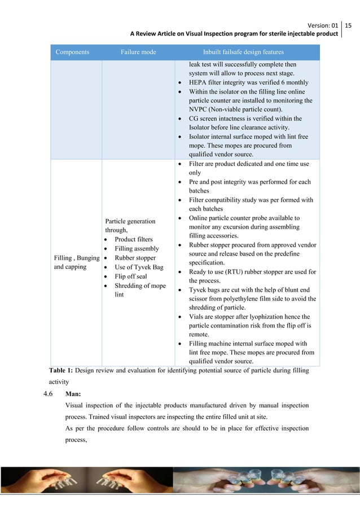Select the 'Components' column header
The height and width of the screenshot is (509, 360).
click(72, 52)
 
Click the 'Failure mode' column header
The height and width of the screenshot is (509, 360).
click(138, 52)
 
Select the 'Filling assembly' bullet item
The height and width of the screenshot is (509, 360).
click(137, 248)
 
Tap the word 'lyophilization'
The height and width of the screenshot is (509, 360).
click(268, 317)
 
